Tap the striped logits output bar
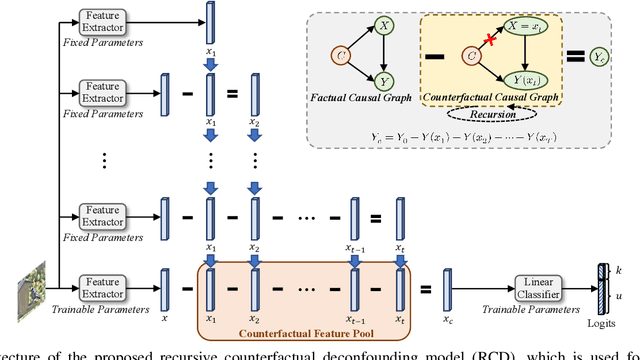point(603,287)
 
